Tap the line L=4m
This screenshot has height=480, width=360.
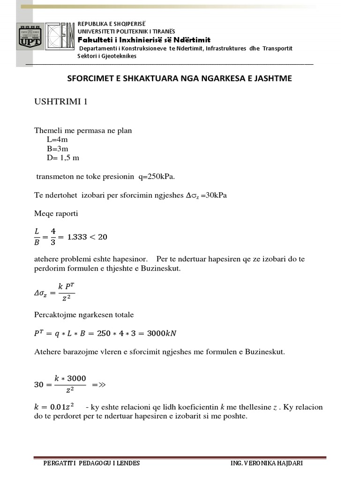[58, 140]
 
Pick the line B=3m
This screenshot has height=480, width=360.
[58, 149]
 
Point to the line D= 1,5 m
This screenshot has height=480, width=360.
[63, 157]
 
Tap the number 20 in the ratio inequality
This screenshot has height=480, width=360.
[102, 237]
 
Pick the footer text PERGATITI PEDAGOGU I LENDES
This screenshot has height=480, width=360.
[91, 463]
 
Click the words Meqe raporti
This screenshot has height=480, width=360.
[56, 214]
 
